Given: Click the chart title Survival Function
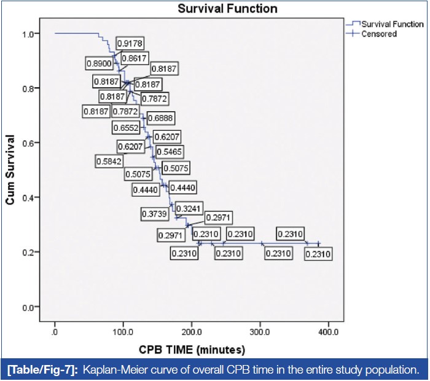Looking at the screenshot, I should pyautogui.click(x=227, y=9).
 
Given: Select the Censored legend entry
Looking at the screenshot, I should pyautogui.click(x=379, y=34).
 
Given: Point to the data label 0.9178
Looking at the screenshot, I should pyautogui.click(x=131, y=44).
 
